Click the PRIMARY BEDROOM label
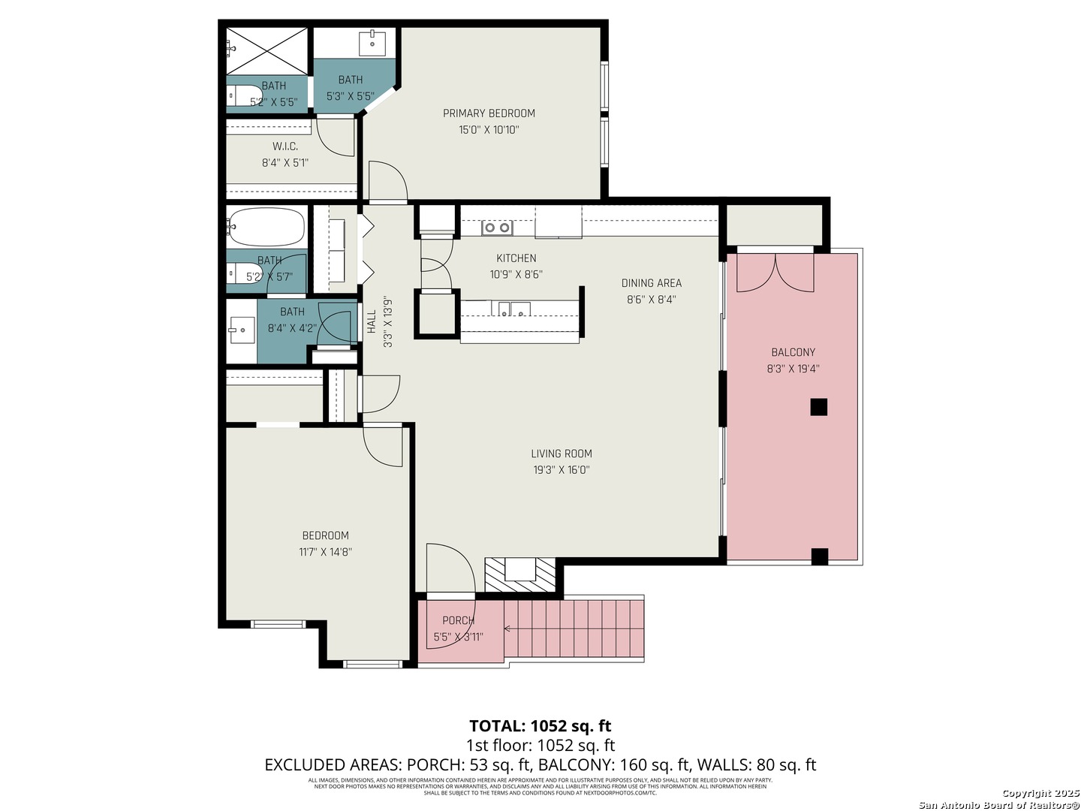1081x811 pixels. coord(489,113)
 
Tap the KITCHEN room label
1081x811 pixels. coord(516,258)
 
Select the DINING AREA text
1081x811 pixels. coord(652,283)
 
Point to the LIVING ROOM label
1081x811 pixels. coord(562,454)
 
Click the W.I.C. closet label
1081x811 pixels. coord(285,146)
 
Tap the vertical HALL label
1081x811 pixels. coord(372,322)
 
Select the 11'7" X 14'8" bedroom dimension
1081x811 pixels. coord(326,552)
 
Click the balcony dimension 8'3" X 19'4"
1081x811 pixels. coord(793,369)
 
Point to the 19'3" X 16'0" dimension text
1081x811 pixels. coord(562,470)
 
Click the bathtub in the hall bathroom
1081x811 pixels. coord(266,227)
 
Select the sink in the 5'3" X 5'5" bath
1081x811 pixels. coord(372,42)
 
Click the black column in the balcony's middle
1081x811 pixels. coord(818,407)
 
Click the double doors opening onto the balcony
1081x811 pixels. coord(775,273)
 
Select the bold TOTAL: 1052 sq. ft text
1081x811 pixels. coord(540,726)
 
